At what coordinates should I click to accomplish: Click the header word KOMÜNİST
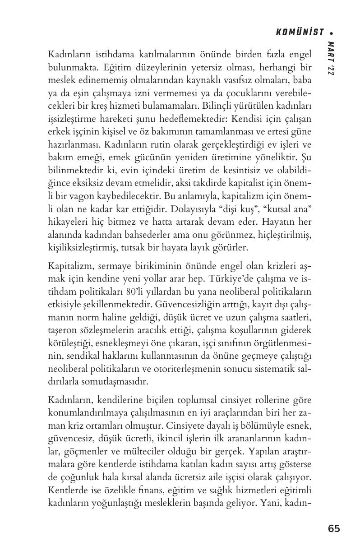300,32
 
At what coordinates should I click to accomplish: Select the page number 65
334,529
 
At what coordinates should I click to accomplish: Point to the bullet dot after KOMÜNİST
332,32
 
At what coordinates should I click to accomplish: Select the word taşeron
61,330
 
